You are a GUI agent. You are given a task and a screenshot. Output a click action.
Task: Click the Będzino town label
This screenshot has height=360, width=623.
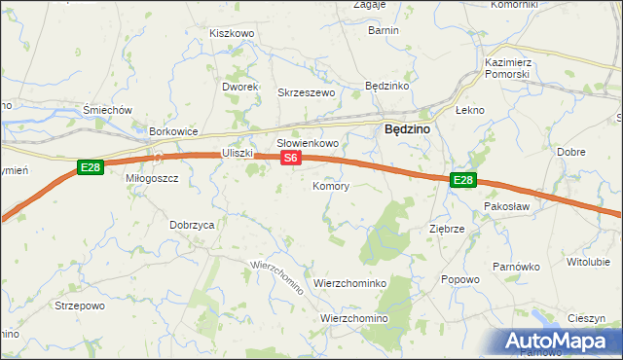[409, 127]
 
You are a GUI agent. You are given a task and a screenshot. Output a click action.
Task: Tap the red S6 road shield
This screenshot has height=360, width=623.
[290, 157]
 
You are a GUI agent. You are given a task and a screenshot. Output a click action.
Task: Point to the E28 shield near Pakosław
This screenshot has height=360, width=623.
[463, 180]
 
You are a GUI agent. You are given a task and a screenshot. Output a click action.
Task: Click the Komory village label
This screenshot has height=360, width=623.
[331, 186]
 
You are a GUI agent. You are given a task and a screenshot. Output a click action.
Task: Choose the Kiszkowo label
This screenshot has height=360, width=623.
[232, 33]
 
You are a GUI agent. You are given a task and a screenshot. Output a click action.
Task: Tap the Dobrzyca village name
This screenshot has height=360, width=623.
[192, 224]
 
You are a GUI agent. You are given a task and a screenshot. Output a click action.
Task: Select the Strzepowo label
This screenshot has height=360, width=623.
[80, 306]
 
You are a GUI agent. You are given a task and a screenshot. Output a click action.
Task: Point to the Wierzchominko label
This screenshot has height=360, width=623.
[350, 283]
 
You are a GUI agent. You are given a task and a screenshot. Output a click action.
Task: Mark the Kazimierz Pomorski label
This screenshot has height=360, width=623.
[506, 68]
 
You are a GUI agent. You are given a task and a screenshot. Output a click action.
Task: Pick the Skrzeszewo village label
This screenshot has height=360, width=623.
[307, 92]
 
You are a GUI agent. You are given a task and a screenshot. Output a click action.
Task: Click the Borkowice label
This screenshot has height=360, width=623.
[173, 131]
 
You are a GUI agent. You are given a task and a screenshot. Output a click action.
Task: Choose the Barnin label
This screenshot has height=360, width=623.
[384, 31]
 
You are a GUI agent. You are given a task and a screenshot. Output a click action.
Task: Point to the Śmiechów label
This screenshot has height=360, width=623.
[108, 111]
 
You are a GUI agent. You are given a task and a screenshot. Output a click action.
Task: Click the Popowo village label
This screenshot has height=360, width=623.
[460, 280]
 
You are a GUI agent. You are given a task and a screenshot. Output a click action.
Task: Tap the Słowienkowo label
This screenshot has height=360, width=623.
[308, 143]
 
